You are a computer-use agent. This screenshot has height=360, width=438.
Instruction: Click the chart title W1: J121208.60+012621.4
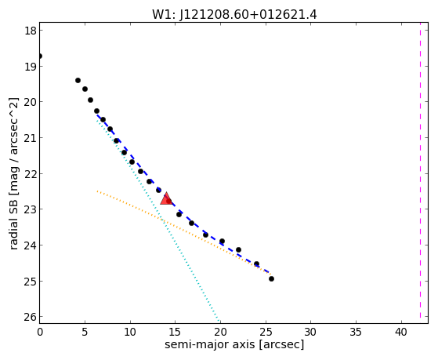[234, 14]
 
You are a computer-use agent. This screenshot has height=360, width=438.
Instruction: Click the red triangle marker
[166, 198]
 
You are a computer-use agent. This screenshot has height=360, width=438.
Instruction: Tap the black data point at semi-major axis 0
[40, 56]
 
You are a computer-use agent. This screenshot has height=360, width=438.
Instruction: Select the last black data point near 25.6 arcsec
[271, 278]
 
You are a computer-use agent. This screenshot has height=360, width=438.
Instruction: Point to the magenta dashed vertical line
[420, 173]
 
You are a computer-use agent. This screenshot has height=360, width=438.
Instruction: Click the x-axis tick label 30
[310, 332]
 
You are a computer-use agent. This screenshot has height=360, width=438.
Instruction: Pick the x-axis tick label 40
[401, 332]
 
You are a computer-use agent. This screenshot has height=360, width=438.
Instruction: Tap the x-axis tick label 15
[176, 332]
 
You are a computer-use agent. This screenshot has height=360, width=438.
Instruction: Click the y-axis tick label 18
[31, 31]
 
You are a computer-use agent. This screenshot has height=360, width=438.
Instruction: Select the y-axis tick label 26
[31, 317]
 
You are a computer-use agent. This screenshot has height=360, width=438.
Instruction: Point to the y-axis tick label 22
[31, 173]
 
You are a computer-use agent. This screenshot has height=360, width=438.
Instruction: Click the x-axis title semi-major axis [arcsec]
[234, 344]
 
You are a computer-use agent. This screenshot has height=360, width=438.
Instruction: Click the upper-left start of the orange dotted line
[97, 191]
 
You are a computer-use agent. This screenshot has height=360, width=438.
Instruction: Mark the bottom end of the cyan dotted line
[219, 320]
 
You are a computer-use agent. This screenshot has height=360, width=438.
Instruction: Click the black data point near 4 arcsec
[78, 81]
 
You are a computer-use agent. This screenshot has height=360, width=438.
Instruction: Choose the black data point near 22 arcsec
[238, 249]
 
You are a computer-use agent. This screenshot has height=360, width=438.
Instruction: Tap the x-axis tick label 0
[40, 332]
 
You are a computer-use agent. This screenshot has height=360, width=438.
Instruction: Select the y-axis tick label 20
[31, 102]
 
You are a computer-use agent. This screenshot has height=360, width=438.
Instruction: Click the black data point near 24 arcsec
[256, 264]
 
